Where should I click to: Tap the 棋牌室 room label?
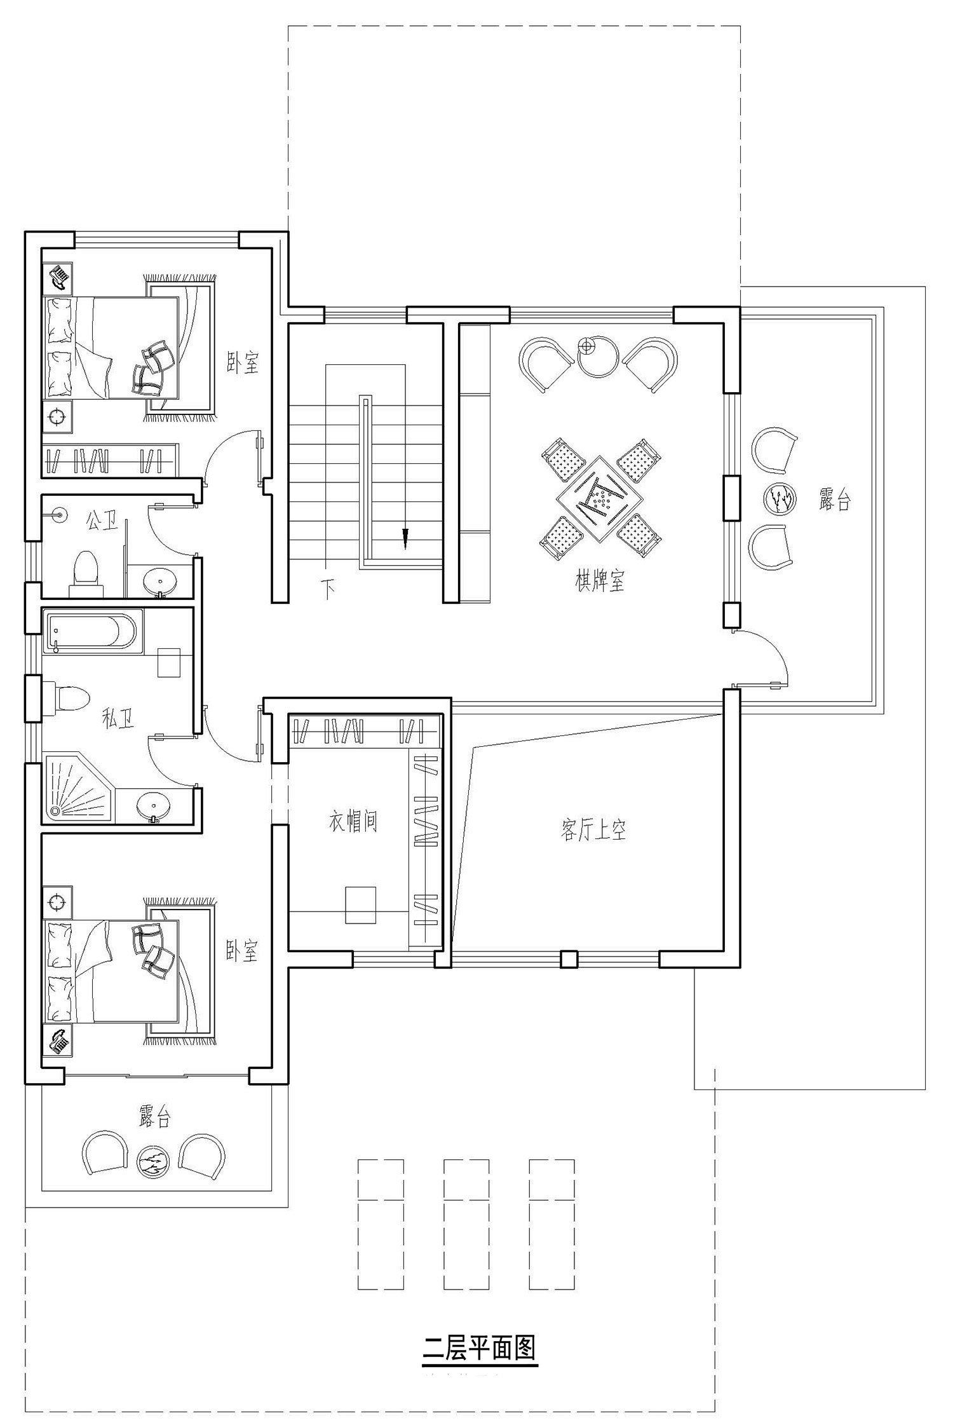600,581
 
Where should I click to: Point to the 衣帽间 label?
353,821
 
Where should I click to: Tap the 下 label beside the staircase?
328,589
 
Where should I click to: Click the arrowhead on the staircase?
404,538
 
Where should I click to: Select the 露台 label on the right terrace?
834,500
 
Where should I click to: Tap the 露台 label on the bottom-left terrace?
155,1116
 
